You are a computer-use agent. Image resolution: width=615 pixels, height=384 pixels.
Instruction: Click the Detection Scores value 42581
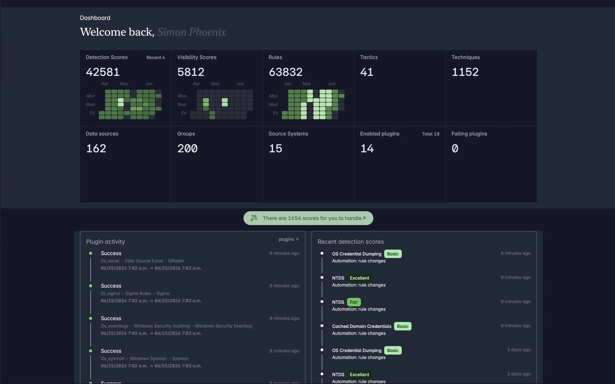103,72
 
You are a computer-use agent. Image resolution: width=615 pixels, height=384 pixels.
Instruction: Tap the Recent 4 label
156,58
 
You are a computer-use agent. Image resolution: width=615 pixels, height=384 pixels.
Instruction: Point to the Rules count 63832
286,72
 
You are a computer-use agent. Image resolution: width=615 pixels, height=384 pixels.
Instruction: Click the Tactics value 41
367,72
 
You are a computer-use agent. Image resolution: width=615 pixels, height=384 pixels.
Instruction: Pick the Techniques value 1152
465,72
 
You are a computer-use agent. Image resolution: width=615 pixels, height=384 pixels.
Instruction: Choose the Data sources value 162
96,148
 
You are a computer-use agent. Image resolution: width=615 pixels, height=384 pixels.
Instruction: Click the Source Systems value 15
275,148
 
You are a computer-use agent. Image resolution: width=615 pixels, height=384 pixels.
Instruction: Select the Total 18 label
430,134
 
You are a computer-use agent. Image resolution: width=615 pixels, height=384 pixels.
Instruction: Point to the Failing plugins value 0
455,148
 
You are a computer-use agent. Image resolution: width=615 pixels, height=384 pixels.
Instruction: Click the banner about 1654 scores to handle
308,218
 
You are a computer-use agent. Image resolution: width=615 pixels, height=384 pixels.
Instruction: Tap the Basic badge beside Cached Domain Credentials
402,326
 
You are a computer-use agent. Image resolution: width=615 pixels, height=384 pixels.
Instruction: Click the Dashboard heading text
95,18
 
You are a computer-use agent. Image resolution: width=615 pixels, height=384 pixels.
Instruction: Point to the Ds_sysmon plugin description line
145,358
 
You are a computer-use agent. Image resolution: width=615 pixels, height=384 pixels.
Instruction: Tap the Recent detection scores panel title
351,242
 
